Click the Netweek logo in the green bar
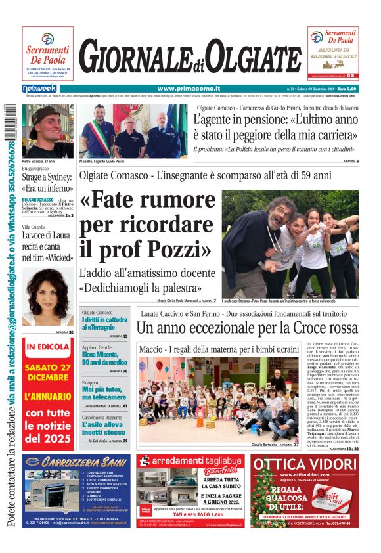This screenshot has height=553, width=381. pos(39,89)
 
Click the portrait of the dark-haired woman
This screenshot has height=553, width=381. pos(47,296)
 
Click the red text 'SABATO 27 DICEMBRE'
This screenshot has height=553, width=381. pos(48,373)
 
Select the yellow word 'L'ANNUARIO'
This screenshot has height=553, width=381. pos(48,397)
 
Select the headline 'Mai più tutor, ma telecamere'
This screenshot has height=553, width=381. pos(104,393)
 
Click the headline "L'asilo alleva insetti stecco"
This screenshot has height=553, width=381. pos(104,428)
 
